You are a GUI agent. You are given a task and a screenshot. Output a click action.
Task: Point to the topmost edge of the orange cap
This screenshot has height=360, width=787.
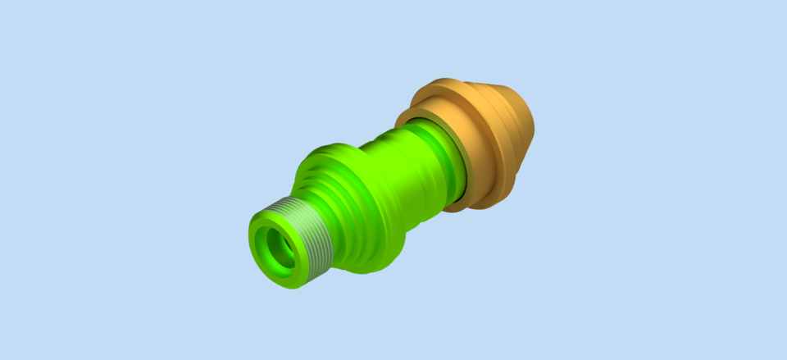click(x=447, y=79)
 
